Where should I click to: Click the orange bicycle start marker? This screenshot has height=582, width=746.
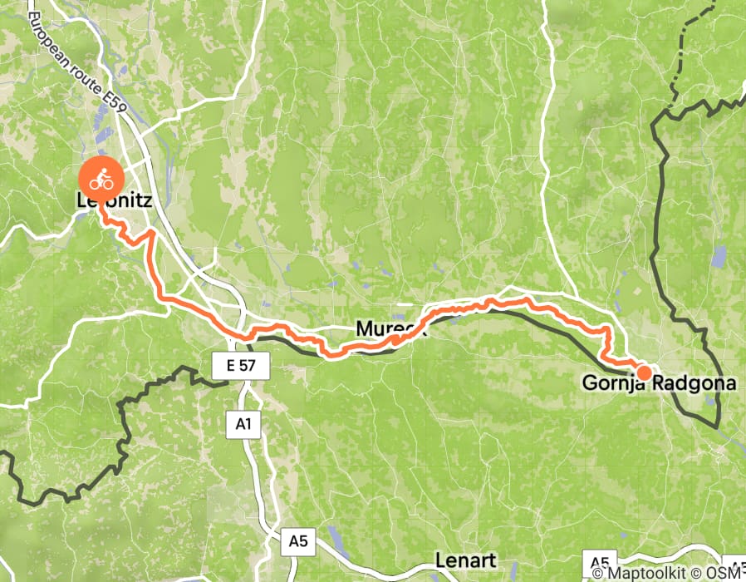[101, 177]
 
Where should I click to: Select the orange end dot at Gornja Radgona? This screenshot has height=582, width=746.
[643, 371]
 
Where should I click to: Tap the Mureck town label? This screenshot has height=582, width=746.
[390, 329]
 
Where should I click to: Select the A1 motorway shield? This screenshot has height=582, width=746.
[242, 424]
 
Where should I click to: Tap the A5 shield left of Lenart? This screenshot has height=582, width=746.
[298, 541]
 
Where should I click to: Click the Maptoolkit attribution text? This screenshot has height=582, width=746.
[648, 572]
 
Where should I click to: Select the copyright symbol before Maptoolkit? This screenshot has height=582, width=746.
[599, 572]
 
